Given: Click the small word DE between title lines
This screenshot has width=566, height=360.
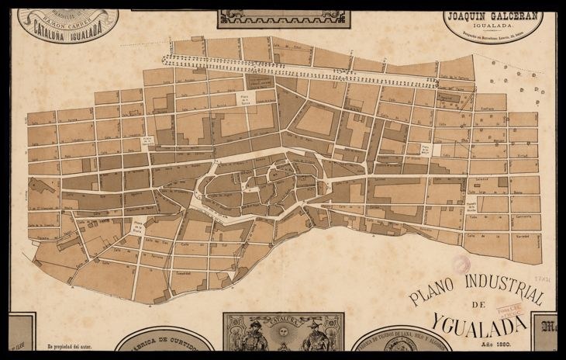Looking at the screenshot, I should click(x=477, y=303).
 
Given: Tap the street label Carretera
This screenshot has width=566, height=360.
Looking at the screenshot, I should click(x=525, y=196).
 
